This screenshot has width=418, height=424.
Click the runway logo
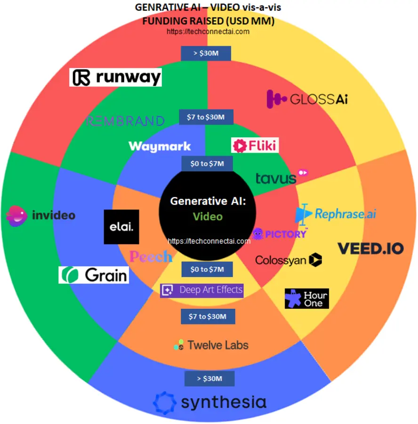(116, 78)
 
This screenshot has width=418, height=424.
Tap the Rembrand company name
(125, 121)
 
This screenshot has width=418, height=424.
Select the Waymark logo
(160, 146)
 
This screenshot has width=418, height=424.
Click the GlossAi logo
(307, 99)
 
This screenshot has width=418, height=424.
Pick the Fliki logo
(255, 145)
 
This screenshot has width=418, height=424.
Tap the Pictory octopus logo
(258, 233)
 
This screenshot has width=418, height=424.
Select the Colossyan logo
(288, 260)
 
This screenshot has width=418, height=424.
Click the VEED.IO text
(370, 248)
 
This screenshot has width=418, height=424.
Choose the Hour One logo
(306, 299)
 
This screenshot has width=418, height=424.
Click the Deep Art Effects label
(202, 290)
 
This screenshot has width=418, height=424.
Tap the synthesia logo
(210, 402)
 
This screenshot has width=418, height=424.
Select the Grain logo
(94, 275)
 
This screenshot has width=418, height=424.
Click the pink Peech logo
(151, 257)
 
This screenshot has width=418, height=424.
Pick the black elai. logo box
(121, 227)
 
